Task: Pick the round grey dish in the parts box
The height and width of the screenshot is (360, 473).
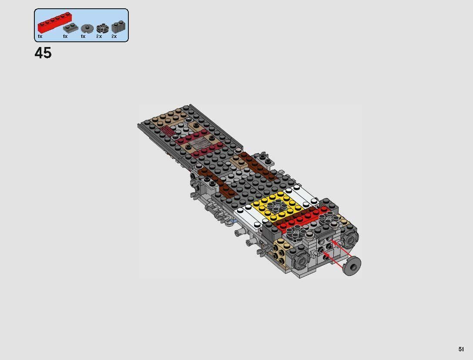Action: (87, 29)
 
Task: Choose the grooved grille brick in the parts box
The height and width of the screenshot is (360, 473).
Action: (117, 27)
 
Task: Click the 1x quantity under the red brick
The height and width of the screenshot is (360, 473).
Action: (40, 37)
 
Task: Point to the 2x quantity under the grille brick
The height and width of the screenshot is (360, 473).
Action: (114, 37)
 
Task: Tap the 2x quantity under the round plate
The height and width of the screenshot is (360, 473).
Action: (99, 37)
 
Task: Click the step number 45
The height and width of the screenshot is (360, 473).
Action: (43, 53)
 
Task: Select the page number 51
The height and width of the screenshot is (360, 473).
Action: (461, 349)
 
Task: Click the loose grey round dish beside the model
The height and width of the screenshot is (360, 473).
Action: (352, 266)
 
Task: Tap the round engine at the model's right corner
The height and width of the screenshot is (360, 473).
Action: (349, 238)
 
